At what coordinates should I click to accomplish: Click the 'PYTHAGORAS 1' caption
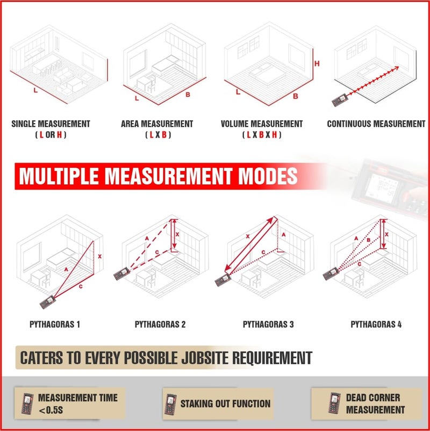pyautogui.click(x=55, y=325)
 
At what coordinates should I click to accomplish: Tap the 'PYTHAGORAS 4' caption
pyautogui.click(x=376, y=325)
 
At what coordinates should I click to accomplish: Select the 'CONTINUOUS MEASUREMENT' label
pyautogui.click(x=376, y=124)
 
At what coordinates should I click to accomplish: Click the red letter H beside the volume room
pyautogui.click(x=317, y=63)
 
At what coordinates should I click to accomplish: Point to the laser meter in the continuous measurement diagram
pyautogui.click(x=340, y=100)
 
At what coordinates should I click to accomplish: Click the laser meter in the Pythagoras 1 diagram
pyautogui.click(x=48, y=302)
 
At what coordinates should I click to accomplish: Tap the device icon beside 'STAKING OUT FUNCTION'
pyautogui.click(x=170, y=404)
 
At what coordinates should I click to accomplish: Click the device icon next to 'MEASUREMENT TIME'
pyautogui.click(x=27, y=404)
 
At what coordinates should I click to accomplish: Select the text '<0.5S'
pyautogui.click(x=51, y=411)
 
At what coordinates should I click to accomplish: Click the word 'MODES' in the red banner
pyautogui.click(x=268, y=176)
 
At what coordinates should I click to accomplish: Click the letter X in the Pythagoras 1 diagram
pyautogui.click(x=99, y=256)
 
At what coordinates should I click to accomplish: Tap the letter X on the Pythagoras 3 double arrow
pyautogui.click(x=248, y=236)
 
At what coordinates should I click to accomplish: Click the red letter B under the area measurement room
pyautogui.click(x=188, y=95)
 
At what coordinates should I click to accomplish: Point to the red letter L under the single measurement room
pyautogui.click(x=35, y=90)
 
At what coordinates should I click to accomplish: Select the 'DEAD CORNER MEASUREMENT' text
pyautogui.click(x=375, y=404)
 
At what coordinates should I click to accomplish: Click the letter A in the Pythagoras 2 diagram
pyautogui.click(x=147, y=238)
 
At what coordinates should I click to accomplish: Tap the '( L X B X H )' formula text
pyautogui.click(x=262, y=135)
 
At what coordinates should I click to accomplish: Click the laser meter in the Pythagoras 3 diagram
pyautogui.click(x=223, y=280)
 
